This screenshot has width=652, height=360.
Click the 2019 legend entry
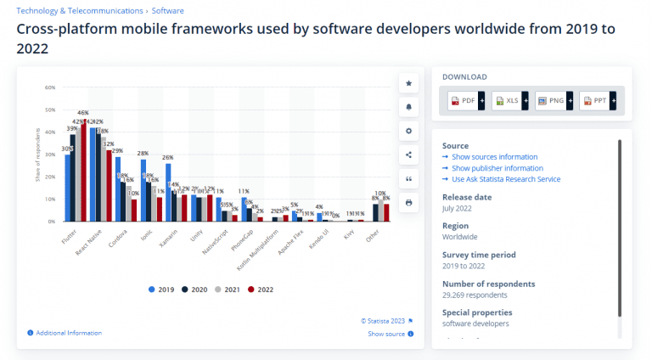click(x=160, y=290)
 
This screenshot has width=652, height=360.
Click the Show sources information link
click(x=494, y=157)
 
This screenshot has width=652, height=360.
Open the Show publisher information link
click(x=497, y=168)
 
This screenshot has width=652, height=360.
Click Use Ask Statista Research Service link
click(x=505, y=179)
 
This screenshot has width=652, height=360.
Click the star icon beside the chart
click(x=408, y=83)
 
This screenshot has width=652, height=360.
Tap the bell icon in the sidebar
click(x=408, y=107)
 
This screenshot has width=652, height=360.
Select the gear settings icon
click(x=408, y=131)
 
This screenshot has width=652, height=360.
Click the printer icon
click(x=408, y=202)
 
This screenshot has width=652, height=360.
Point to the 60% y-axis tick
click(x=50, y=87)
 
